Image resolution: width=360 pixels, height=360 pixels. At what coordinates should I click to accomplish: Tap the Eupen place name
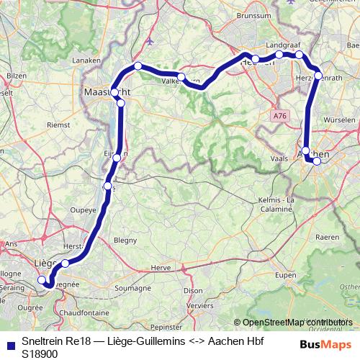point(286,275)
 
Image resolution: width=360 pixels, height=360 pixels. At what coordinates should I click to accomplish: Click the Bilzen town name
point(16,75)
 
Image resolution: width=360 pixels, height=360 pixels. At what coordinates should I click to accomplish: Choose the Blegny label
point(125,240)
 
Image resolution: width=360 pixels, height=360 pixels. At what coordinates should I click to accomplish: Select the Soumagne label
point(129,288)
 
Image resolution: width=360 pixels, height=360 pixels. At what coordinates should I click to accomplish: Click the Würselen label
point(340,117)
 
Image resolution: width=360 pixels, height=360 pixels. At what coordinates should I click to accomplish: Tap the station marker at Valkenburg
point(181,76)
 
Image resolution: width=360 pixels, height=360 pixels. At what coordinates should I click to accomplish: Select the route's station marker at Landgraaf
point(279,55)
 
